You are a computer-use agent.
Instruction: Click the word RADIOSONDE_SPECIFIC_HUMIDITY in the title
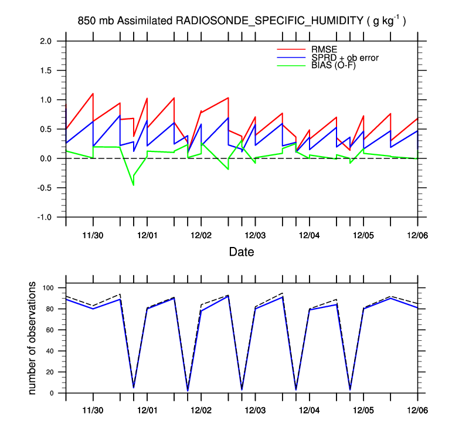[269, 21]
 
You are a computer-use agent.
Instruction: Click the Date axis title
[241, 252]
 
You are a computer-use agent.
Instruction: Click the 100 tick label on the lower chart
[47, 288]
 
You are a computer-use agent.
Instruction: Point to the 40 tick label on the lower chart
[50, 351]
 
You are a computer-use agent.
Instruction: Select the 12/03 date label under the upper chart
[255, 235]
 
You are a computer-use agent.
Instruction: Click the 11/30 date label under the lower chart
[93, 411]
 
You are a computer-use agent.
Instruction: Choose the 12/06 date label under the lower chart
[417, 411]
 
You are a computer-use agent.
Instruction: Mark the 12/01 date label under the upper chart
[147, 235]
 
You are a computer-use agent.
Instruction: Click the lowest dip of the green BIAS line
[133, 185]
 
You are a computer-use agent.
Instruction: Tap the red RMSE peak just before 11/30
[93, 94]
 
